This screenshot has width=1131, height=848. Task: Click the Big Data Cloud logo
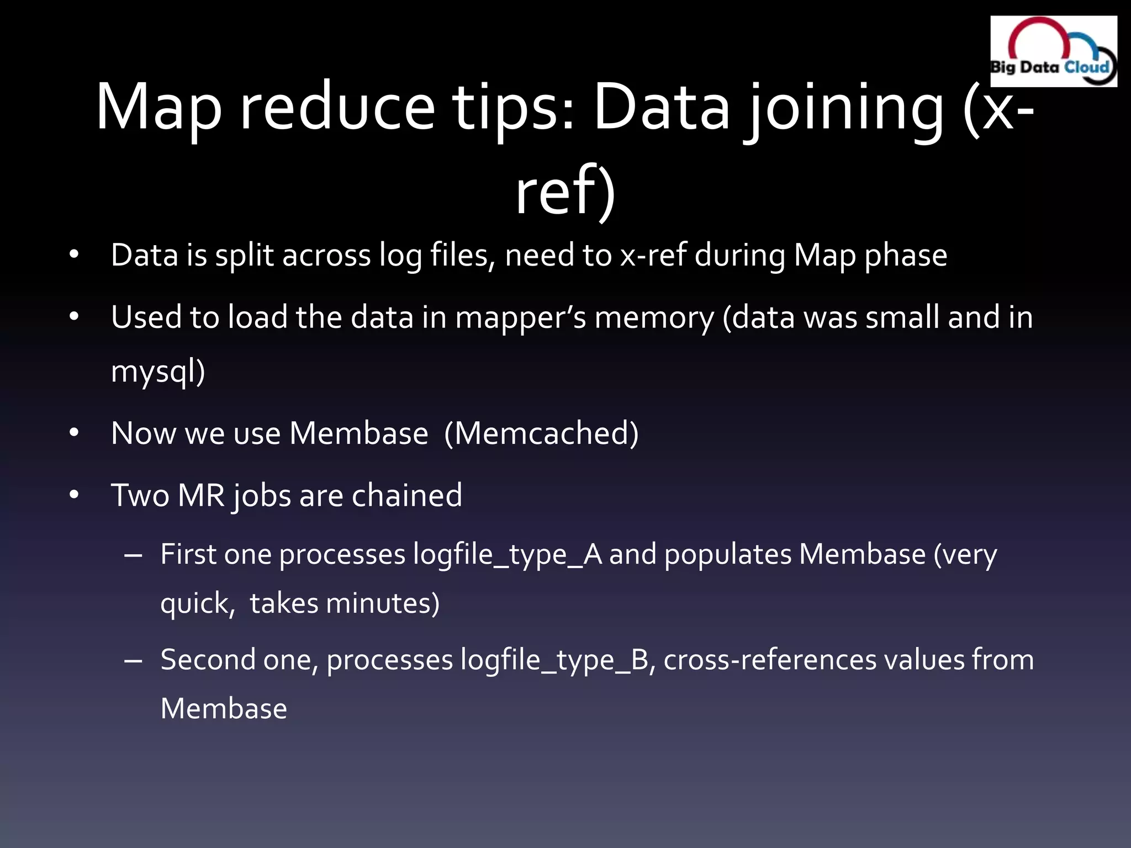tap(1053, 51)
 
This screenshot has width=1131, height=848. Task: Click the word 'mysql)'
tap(158, 371)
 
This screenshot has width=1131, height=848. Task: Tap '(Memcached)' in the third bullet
tap(541, 433)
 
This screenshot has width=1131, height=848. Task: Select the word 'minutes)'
tap(383, 603)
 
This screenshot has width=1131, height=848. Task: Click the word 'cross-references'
tap(770, 660)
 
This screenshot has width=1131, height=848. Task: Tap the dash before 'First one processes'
tap(134, 555)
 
